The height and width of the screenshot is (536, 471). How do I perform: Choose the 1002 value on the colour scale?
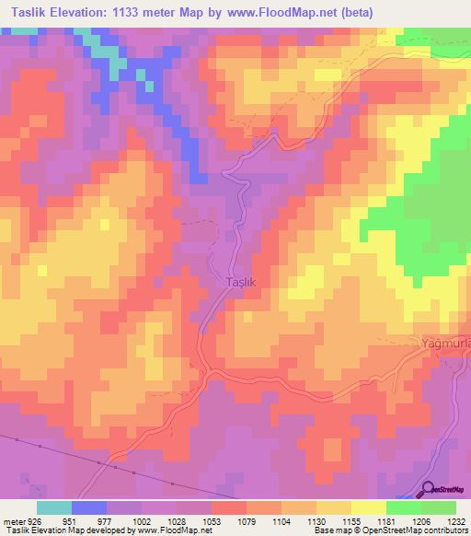143,520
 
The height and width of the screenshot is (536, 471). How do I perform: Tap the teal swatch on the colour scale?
54,507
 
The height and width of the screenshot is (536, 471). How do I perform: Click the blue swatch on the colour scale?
89,507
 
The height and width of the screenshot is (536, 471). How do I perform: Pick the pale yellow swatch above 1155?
368,507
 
